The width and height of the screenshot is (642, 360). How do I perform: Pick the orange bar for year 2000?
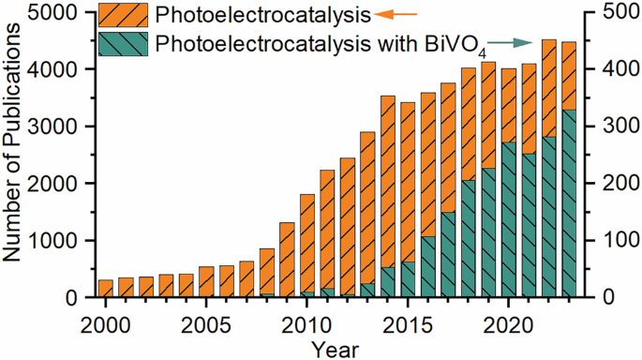tap(106, 288)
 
